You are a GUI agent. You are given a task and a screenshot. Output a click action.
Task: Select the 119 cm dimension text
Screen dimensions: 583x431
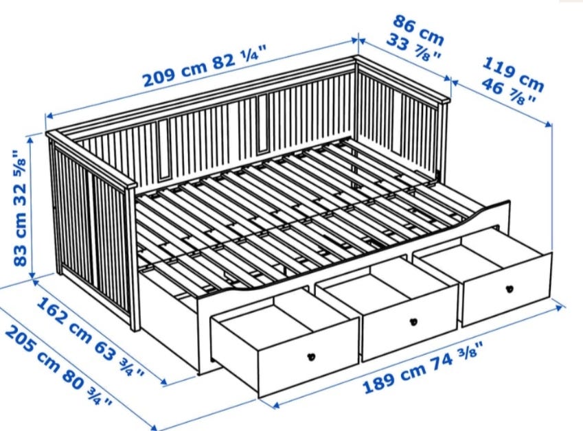point(513,74)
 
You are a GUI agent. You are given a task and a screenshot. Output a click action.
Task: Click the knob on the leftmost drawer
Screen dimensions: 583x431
point(312,357)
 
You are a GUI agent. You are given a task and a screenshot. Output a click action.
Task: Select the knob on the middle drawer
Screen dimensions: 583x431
point(413,322)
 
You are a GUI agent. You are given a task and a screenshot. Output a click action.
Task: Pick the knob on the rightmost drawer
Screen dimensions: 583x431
point(510,288)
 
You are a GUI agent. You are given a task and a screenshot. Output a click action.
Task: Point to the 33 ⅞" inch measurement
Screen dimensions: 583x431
point(413,47)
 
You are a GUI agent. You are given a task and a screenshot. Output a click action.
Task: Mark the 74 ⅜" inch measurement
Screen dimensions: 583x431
point(457,357)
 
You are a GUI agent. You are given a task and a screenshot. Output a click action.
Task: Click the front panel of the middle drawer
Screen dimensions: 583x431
point(410,324)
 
